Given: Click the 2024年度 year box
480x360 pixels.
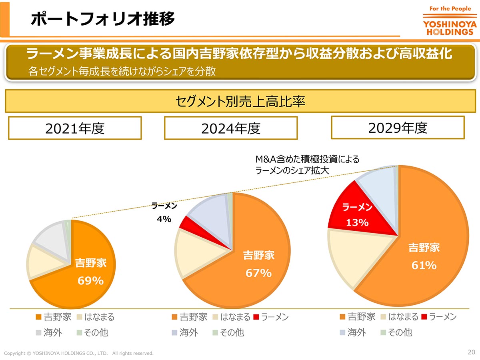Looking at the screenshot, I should click(x=231, y=128).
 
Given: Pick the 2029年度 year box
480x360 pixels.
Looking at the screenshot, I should click(x=398, y=127).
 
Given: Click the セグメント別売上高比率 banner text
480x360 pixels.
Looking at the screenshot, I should click(x=240, y=101).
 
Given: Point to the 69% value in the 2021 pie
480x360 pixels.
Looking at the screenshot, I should click(x=91, y=281).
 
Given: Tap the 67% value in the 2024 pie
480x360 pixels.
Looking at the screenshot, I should click(x=258, y=273).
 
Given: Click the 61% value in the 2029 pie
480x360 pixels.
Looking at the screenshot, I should click(x=424, y=265).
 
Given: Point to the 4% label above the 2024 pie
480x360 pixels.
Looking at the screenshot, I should click(x=164, y=219).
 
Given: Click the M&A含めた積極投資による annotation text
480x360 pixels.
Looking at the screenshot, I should click(x=307, y=159).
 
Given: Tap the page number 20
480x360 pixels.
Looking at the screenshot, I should click(x=471, y=352).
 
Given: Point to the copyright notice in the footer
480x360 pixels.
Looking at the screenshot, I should click(x=79, y=353).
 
